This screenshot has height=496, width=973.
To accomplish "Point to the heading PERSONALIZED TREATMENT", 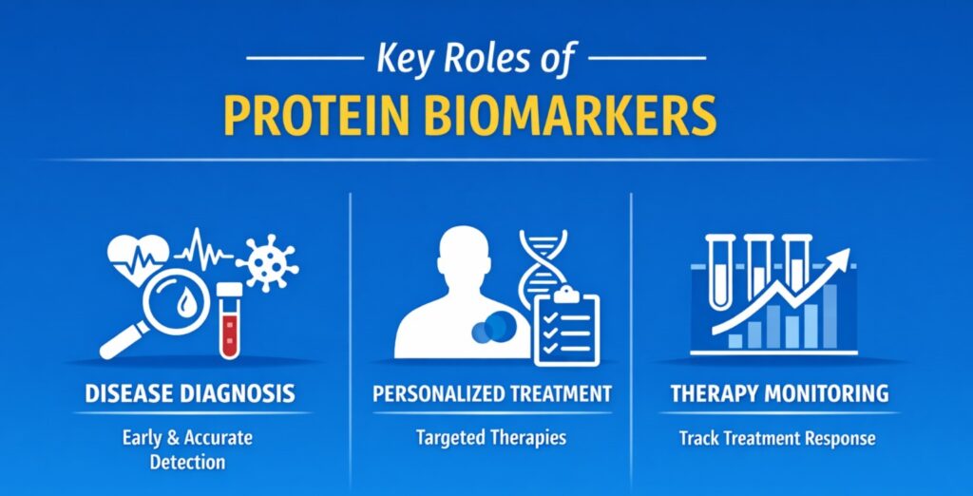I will click(x=490, y=392).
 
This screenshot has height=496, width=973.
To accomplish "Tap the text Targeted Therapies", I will click(x=490, y=438).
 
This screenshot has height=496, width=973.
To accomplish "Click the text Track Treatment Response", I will click(x=777, y=439).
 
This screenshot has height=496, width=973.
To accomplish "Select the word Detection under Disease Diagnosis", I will click(x=187, y=462).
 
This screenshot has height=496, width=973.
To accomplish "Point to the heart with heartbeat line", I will click(x=137, y=254).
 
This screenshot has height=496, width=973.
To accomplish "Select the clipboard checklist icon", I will click(x=567, y=327).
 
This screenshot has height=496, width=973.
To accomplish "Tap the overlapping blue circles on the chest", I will click(x=490, y=328).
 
